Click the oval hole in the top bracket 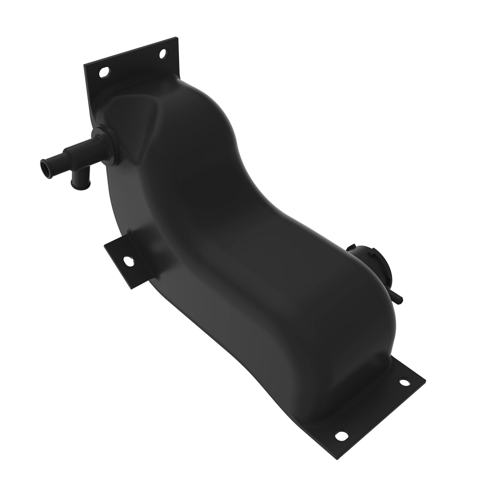pos(104,73)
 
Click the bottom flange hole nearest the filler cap pos(403,382)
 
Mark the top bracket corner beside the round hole pos(175,40)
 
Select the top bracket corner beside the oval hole pos(87,67)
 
